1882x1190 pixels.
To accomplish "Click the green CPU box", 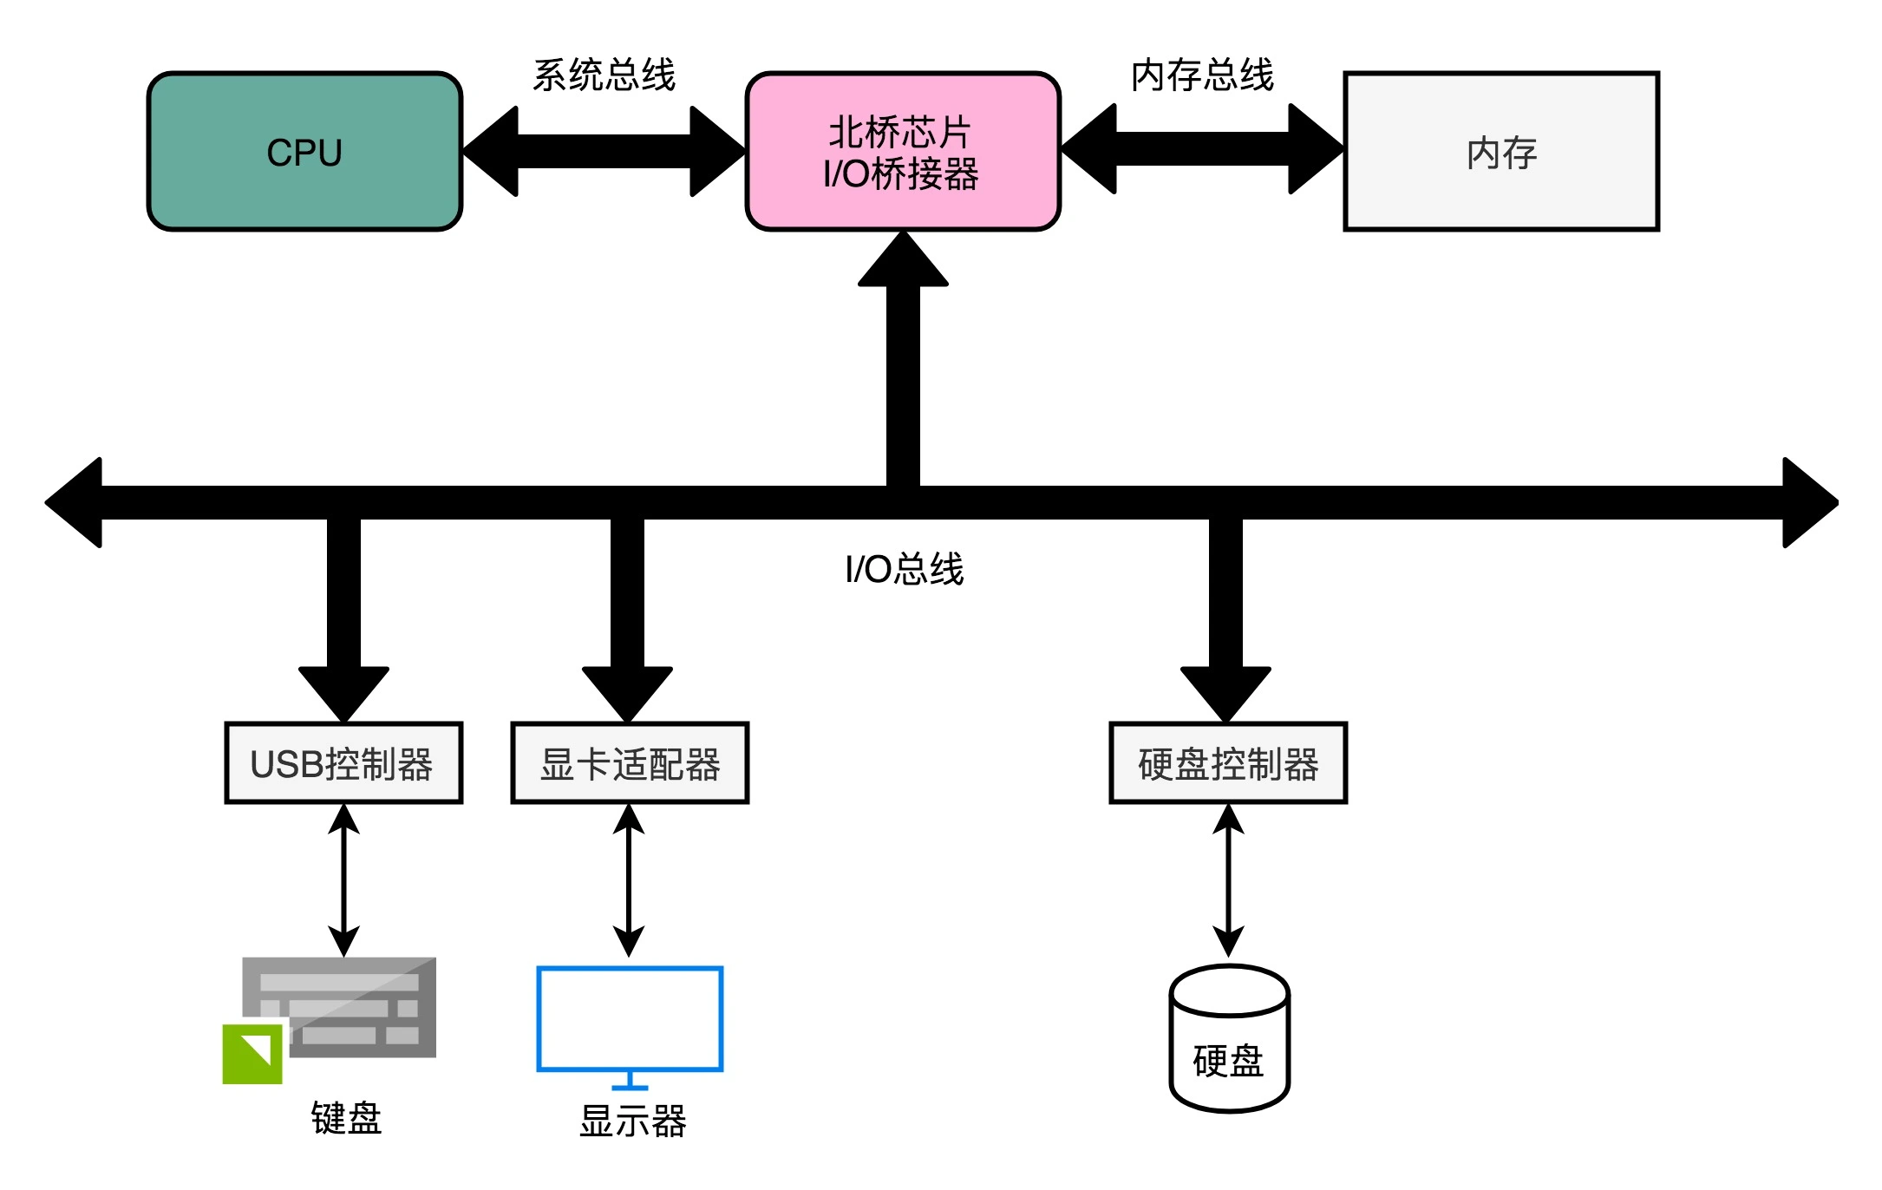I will click(304, 152).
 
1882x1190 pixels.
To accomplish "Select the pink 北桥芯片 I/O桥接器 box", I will click(902, 152).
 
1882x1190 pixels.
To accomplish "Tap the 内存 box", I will click(1500, 152).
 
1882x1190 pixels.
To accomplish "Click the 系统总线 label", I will click(604, 75).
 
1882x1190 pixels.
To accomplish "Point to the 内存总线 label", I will click(1202, 75).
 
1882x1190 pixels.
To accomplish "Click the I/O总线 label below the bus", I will click(904, 570).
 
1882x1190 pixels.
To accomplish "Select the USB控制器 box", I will click(343, 763).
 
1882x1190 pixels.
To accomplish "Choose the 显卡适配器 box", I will click(630, 763).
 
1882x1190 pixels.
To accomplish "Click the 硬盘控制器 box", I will click(1228, 763).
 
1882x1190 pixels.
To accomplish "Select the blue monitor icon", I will click(630, 1019).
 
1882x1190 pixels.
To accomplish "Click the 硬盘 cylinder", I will click(1229, 1041).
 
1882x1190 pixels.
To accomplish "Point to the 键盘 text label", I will click(346, 1118).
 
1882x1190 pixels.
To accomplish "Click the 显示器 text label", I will click(632, 1121).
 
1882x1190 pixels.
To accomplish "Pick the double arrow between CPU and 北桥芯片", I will click(604, 152).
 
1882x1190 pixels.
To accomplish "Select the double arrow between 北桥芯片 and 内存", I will click(1202, 149).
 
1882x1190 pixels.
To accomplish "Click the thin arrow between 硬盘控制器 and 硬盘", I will click(1228, 880).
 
